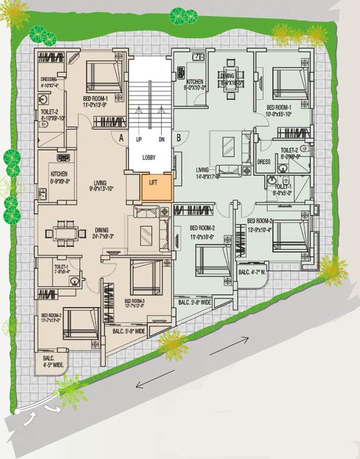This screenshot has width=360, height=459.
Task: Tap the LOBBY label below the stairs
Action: [150, 158]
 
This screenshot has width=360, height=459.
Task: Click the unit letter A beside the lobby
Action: [121, 137]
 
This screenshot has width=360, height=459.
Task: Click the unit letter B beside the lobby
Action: [179, 137]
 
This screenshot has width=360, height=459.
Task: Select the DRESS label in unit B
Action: [263, 162]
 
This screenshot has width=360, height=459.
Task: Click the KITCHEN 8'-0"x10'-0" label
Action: [195, 85]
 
